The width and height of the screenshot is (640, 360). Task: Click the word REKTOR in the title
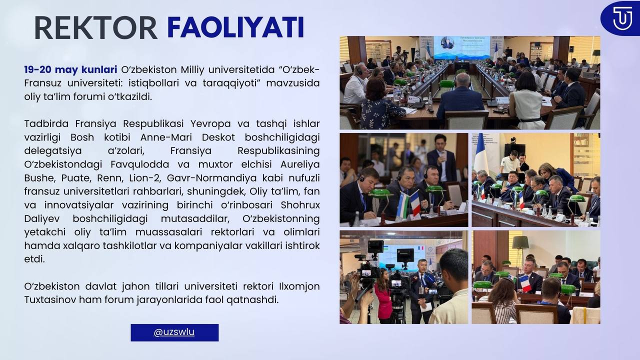96,27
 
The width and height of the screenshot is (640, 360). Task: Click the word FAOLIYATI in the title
235,27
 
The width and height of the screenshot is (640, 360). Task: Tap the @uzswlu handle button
174,332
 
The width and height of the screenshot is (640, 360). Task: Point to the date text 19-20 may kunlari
70,69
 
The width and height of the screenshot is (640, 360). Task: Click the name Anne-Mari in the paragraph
166,137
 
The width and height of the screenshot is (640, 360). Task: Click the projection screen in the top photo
461,47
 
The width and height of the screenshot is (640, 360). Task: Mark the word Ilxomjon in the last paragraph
298,286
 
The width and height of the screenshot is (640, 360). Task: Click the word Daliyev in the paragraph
42,218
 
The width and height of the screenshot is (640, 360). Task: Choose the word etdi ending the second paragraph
34,259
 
